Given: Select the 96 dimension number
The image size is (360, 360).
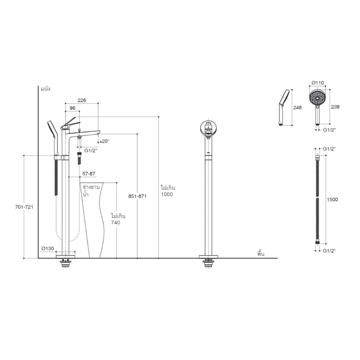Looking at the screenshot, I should tap(72, 108).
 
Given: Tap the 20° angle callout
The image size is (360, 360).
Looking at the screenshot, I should tap(105, 141).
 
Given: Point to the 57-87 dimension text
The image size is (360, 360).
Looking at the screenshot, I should tap(89, 174).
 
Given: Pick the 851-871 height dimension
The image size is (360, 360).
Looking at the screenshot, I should tap(137, 197).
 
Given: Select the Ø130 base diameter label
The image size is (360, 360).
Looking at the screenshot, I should tap(48, 248).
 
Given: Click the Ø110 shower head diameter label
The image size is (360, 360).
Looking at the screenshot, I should tap(317, 83).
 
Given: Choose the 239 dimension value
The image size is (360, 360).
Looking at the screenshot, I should tap(336, 107).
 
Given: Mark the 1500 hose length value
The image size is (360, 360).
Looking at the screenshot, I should tap(333, 200).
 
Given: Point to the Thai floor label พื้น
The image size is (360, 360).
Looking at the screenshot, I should tap(261, 253).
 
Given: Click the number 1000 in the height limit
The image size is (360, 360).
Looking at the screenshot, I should tap(167, 194).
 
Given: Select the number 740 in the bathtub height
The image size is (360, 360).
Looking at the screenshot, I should tap(116, 223).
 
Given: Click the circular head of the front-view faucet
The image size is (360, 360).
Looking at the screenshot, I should tap(208, 128).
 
